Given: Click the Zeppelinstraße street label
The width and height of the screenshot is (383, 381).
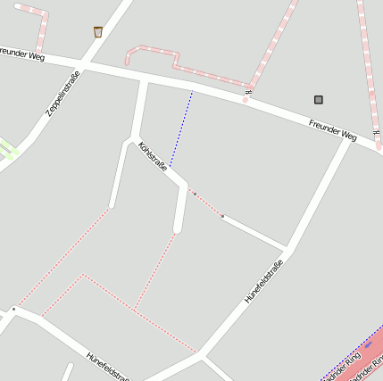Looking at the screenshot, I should tap(62, 95).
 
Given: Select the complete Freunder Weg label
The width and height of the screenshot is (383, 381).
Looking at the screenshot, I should tap(333, 130).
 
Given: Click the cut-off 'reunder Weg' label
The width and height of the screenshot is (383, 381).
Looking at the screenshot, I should tap(22, 54).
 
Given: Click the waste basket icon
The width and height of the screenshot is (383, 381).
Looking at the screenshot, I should tap(98, 32).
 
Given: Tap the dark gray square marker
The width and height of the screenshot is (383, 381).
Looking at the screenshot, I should tap(319, 100).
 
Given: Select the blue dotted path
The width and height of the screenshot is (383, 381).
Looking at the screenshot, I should tap(180, 129).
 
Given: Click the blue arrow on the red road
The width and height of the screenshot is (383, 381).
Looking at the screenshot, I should tap(367, 344).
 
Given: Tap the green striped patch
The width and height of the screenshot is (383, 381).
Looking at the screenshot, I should tap(7, 149).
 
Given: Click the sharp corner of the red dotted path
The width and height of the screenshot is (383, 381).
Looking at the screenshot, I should tap(83, 276).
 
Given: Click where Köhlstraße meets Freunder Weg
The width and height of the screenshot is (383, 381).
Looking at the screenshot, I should tap(145, 80).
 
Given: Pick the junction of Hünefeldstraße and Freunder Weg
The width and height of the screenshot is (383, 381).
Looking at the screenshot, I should tap(347, 138).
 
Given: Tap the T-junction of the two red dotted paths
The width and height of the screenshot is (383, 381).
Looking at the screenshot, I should tap(134, 308).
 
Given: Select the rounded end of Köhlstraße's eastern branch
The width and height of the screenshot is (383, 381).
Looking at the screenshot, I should tap(178, 230).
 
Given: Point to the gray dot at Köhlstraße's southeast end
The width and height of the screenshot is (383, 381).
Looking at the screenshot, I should tap(222, 217).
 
